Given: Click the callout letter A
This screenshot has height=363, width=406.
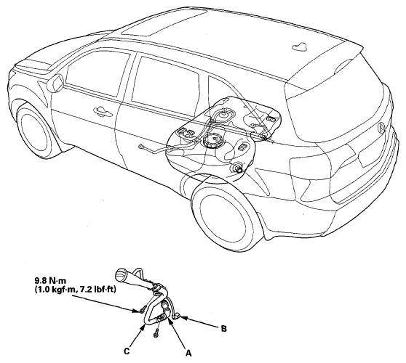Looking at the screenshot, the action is click(x=188, y=353).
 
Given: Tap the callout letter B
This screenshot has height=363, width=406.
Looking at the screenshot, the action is click(x=223, y=329).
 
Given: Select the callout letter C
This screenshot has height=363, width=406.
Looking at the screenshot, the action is click(x=127, y=351).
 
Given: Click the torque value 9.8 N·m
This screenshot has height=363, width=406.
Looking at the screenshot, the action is click(x=50, y=280).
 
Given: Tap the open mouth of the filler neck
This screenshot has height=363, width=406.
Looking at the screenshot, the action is click(x=120, y=275).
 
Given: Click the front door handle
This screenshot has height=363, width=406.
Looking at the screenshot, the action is click(x=103, y=110).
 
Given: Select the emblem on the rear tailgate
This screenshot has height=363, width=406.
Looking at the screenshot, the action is click(x=381, y=128).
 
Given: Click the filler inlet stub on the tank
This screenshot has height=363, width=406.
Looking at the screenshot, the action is click(x=239, y=168).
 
